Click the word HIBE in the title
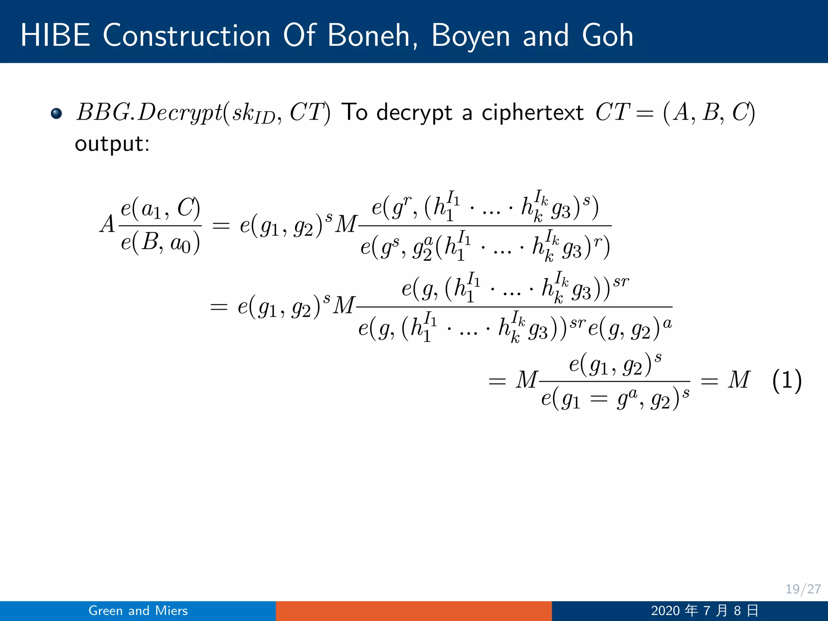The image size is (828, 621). click(55, 36)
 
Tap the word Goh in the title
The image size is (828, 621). click(607, 36)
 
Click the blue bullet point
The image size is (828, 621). click(57, 113)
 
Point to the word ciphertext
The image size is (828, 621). click(532, 112)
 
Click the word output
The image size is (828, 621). click(112, 144)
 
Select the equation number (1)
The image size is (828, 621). click(786, 380)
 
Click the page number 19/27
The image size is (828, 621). click(803, 589)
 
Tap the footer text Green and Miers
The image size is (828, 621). click(138, 610)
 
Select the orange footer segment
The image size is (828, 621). click(414, 610)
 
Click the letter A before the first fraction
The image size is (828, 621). click(108, 224)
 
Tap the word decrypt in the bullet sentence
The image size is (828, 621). click(414, 112)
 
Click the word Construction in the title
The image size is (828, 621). click(186, 36)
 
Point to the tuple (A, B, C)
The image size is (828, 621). click(709, 112)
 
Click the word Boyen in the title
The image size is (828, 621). click(471, 36)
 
